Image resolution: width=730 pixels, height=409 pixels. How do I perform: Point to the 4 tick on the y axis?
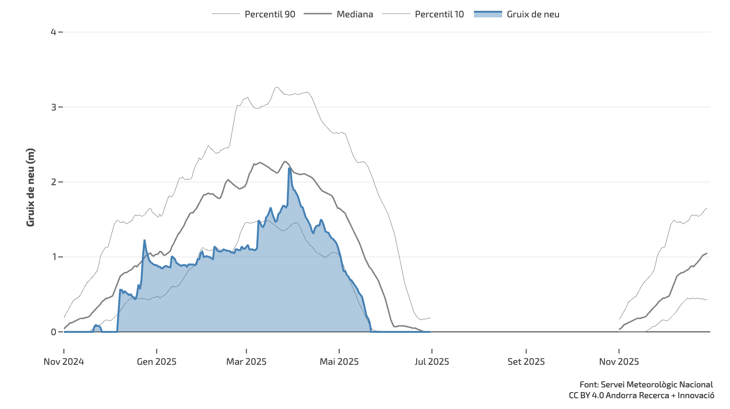54,32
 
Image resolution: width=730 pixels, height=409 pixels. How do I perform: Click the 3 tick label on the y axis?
54,107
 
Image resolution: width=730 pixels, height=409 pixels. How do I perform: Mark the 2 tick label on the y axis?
54,182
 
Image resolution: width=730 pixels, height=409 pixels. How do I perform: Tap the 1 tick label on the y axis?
54,257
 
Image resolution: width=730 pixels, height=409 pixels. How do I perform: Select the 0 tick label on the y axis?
54,332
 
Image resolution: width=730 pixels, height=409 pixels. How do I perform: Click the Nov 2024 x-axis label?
64,362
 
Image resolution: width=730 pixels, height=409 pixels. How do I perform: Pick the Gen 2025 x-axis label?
156,362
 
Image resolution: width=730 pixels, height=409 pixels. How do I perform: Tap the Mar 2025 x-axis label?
246,362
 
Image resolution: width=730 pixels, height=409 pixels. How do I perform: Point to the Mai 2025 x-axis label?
339,362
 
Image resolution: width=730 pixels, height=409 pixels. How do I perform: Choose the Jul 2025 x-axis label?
432,362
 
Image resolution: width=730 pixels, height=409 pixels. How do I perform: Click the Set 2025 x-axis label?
526,362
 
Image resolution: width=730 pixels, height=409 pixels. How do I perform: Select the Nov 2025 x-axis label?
619,362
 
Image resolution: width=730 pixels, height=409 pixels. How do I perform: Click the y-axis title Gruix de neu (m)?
31,187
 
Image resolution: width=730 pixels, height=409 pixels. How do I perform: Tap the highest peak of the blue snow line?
289,168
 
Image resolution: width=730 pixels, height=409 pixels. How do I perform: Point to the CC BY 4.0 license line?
641,395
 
